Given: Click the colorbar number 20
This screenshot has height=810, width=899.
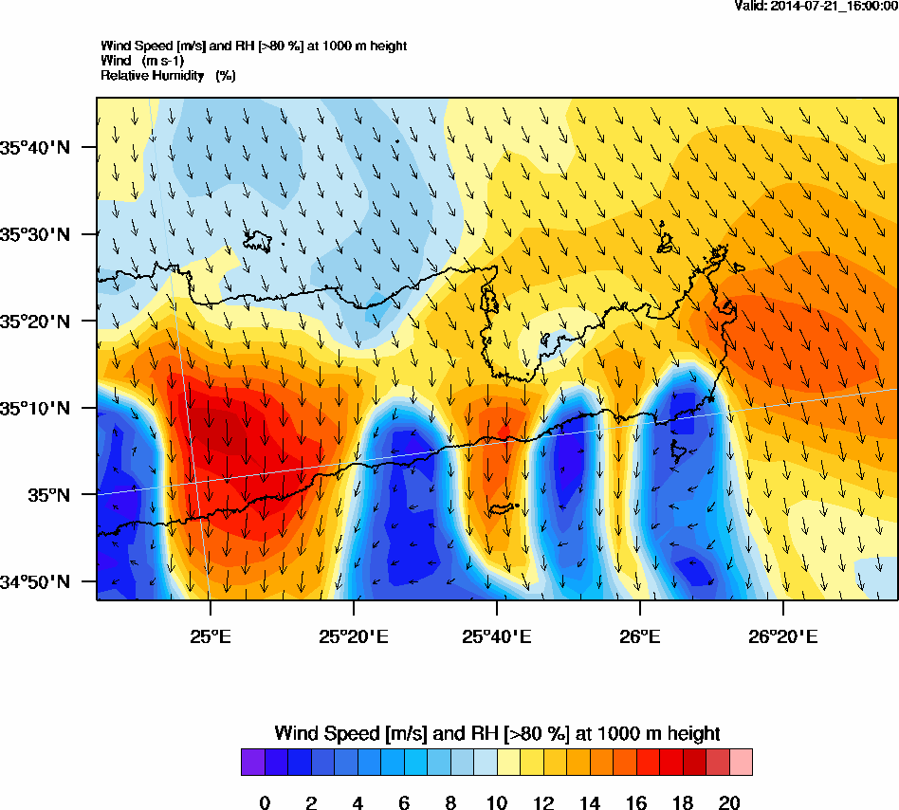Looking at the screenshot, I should (x=729, y=803).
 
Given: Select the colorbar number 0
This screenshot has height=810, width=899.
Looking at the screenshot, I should (x=265, y=803).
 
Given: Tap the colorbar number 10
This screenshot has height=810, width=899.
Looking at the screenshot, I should (x=497, y=803).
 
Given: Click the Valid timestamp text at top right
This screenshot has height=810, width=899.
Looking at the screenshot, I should (x=816, y=6).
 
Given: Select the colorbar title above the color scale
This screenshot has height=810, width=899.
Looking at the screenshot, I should (x=497, y=733).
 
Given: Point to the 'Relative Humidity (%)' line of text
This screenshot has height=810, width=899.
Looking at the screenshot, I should (x=168, y=75).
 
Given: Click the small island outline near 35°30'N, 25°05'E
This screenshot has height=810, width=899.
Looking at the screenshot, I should (x=258, y=242).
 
